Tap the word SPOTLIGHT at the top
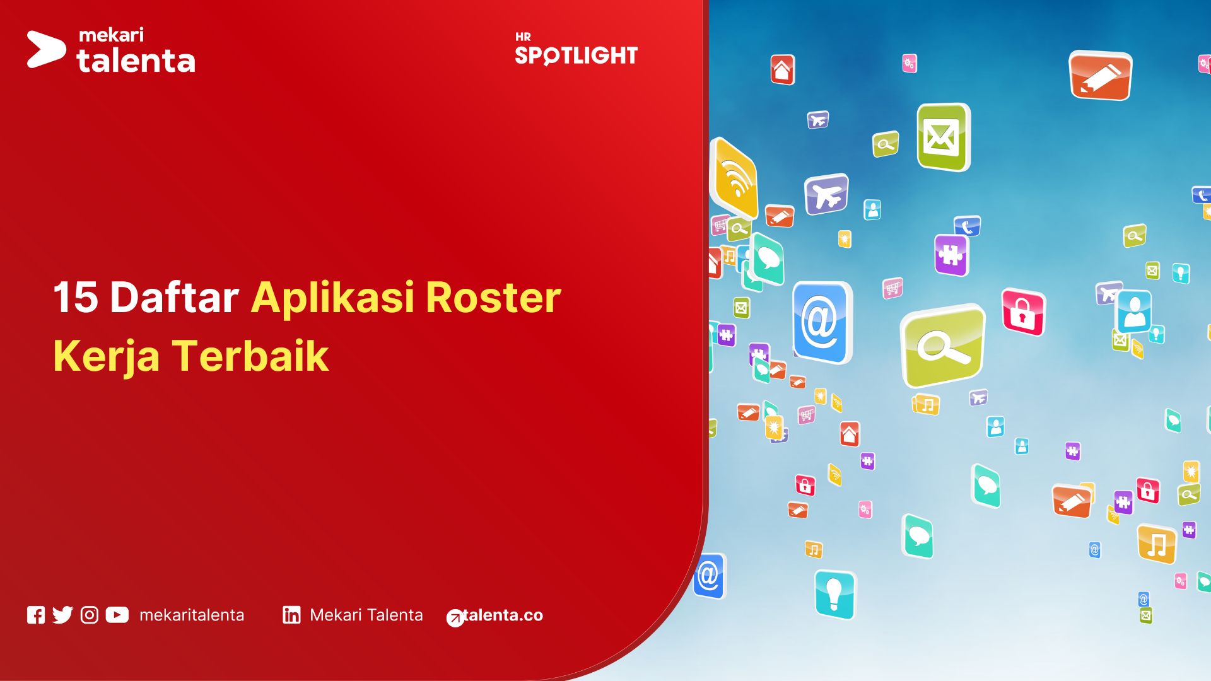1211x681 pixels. (x=576, y=55)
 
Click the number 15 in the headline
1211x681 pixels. (x=76, y=297)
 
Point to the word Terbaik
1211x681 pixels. (x=250, y=356)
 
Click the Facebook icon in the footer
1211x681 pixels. (x=36, y=615)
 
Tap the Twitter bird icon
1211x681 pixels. (x=62, y=615)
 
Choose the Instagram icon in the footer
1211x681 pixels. (x=90, y=615)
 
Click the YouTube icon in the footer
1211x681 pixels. (x=117, y=615)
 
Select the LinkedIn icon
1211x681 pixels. (x=291, y=615)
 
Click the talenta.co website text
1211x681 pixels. (x=502, y=615)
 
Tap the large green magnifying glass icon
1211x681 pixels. (x=943, y=346)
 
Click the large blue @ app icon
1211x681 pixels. (x=821, y=322)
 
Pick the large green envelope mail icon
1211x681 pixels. (x=942, y=137)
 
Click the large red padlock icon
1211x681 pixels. (x=1022, y=312)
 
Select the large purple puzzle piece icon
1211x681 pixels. (x=951, y=255)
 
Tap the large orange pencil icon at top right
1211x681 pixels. (x=1100, y=76)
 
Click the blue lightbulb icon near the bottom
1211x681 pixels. (x=834, y=594)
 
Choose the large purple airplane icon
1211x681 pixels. (x=826, y=194)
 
